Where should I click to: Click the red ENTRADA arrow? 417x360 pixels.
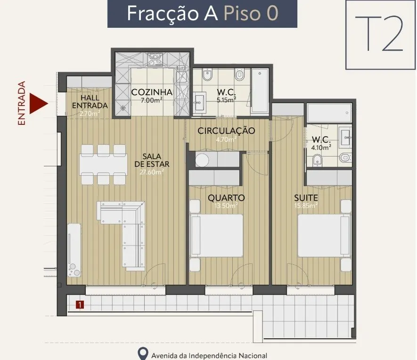pos(39,103)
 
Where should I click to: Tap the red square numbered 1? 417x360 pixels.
pos(80,305)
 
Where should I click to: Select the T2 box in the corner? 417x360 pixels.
pos(381,35)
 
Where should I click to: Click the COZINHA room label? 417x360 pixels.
pos(152,92)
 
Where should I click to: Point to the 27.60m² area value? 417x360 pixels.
pos(152,172)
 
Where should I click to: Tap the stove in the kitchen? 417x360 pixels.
pos(155,59)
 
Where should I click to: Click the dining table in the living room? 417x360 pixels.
pos(103,164)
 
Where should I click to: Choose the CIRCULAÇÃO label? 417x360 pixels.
pos(226,131)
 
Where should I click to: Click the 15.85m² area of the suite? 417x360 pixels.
pos(306,205)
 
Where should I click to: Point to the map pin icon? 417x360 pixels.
pos(143,353)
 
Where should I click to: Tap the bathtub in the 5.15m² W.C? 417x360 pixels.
pos(260,90)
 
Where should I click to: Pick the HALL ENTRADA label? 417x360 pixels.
pos(90,102)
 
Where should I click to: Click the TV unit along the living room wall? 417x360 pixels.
pos(74,250)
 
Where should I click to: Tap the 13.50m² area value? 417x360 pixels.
pos(226,205)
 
